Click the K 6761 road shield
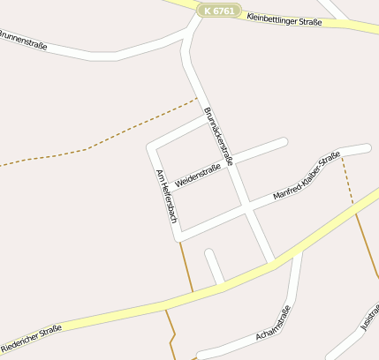217,11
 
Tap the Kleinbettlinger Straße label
284,18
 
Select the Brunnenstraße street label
22,41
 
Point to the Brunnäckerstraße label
218,136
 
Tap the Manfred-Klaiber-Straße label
307,179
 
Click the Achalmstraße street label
272,324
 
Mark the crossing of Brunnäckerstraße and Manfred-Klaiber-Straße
247,208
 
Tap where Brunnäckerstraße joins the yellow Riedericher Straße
272,261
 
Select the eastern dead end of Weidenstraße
284,141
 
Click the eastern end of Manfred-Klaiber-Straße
367,147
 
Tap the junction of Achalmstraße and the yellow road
299,250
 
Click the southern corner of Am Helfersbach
179,236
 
